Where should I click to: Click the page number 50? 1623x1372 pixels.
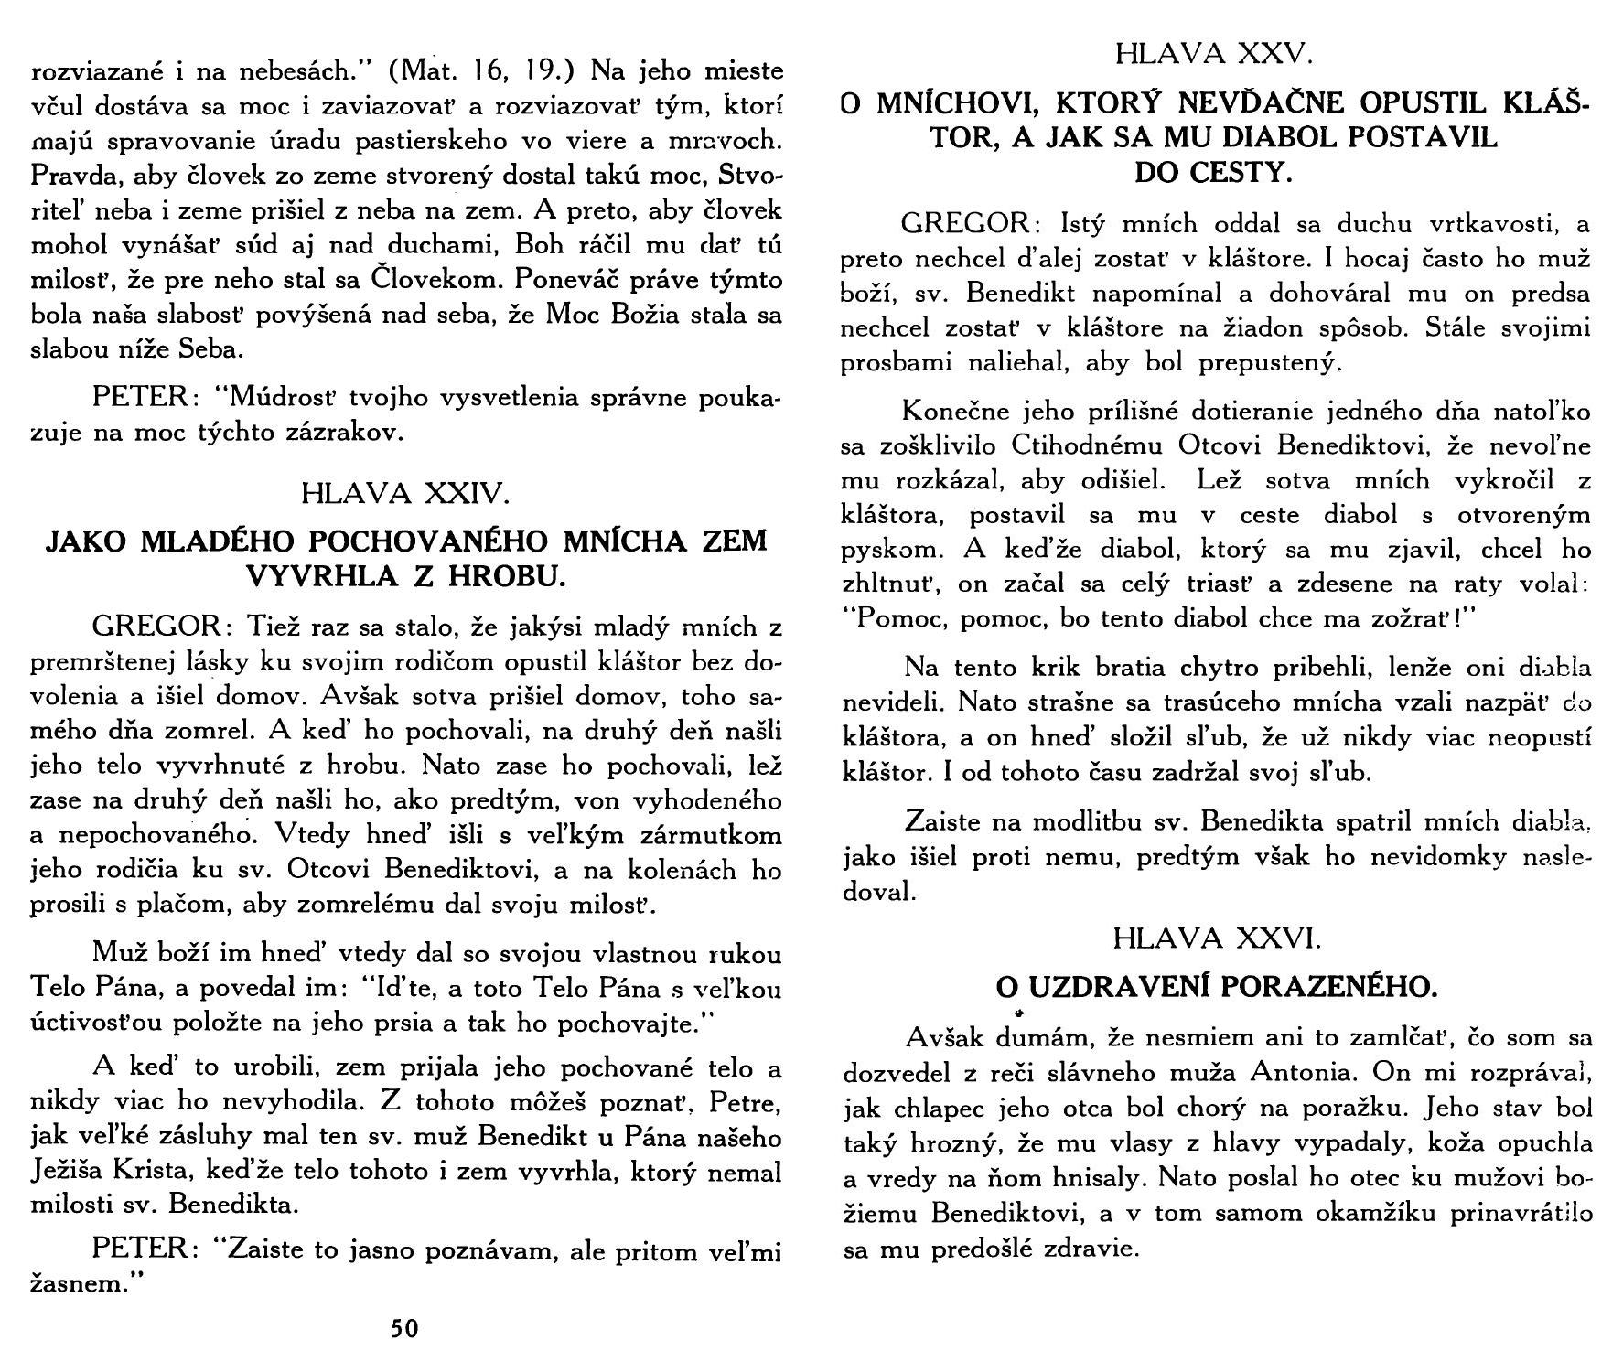[x=404, y=1328]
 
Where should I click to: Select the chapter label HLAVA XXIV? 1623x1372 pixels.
[x=403, y=495]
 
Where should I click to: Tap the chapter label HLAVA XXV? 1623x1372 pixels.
[x=1214, y=54]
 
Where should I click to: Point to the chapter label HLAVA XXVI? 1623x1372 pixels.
[x=1214, y=938]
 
